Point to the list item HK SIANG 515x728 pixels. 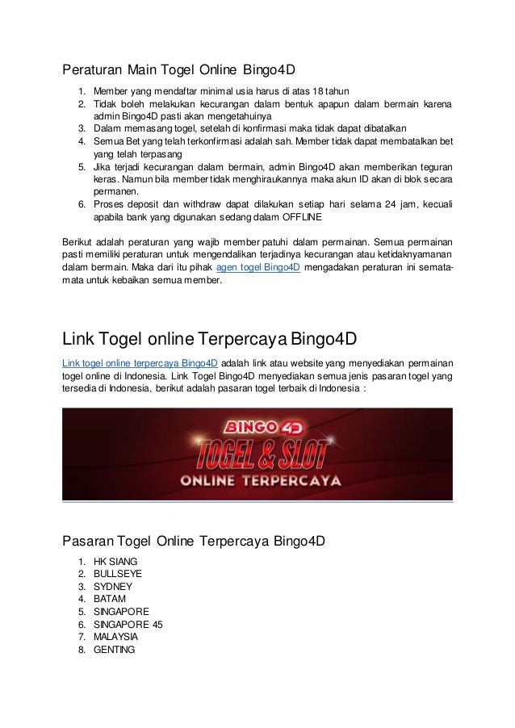[115, 560]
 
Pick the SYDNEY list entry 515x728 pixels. [114, 587]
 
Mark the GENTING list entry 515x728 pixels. [115, 651]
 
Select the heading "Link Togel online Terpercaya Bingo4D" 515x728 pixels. [210, 337]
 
